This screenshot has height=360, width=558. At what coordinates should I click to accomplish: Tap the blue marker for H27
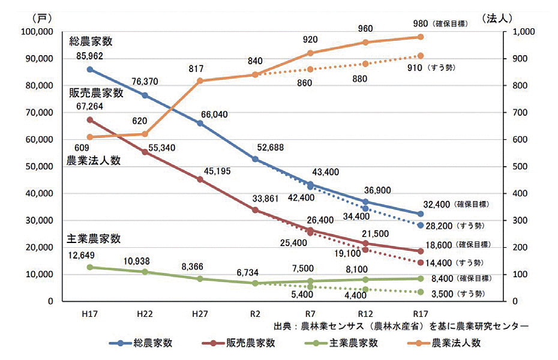click(200, 123)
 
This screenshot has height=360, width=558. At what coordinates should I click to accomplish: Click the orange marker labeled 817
click(200, 81)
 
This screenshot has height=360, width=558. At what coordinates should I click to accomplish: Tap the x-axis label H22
click(145, 314)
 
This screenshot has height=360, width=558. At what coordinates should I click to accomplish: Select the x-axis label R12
click(365, 314)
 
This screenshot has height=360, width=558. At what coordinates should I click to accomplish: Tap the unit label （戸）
click(41, 17)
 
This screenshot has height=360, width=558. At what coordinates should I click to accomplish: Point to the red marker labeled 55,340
click(145, 152)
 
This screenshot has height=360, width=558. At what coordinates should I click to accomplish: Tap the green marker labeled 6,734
click(255, 283)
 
